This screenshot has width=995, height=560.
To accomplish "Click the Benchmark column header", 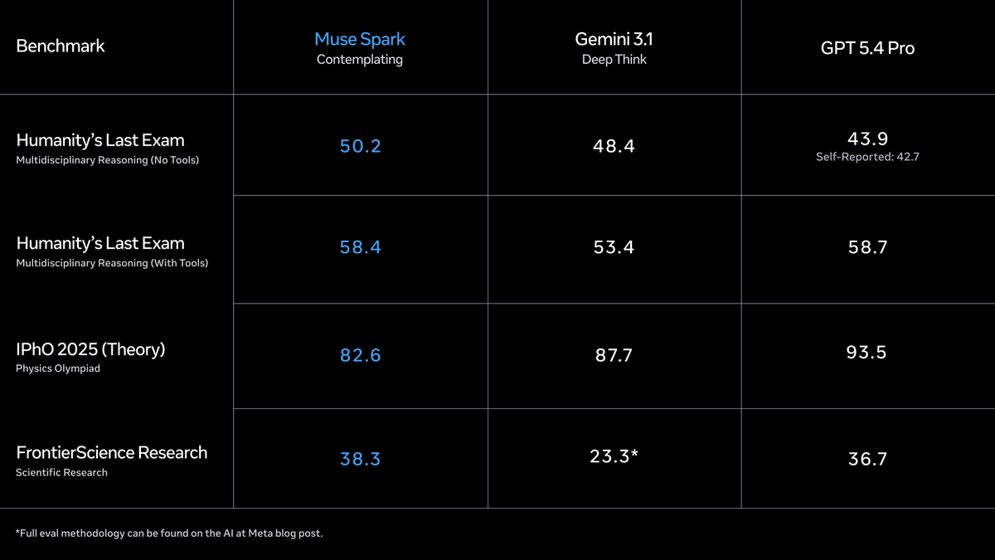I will (61, 46).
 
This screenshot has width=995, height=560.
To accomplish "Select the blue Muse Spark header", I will (360, 39).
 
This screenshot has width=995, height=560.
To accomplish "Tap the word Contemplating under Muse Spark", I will (360, 60).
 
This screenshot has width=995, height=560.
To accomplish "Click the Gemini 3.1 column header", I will (614, 39).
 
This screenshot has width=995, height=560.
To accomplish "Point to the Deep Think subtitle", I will (614, 60).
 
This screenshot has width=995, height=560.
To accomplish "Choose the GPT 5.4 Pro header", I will (867, 48).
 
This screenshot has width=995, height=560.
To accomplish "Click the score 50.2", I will (360, 146).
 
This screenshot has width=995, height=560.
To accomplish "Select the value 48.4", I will (614, 146).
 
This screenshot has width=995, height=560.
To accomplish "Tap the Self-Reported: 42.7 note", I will (867, 157).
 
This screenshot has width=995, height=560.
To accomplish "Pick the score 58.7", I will (867, 247).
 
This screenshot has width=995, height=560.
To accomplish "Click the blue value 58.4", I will (360, 247).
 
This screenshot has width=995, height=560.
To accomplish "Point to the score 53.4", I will (614, 247).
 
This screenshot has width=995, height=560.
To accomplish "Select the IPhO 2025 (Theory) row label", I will (90, 349).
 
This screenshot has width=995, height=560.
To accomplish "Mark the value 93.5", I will (867, 353).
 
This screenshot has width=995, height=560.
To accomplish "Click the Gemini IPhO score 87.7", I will (614, 355).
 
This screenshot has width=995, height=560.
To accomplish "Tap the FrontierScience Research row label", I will (111, 452).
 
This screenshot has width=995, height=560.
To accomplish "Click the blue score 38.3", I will (360, 459).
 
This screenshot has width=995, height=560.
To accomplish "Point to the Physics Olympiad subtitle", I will (57, 368).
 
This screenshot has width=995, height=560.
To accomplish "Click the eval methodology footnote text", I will (169, 533).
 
